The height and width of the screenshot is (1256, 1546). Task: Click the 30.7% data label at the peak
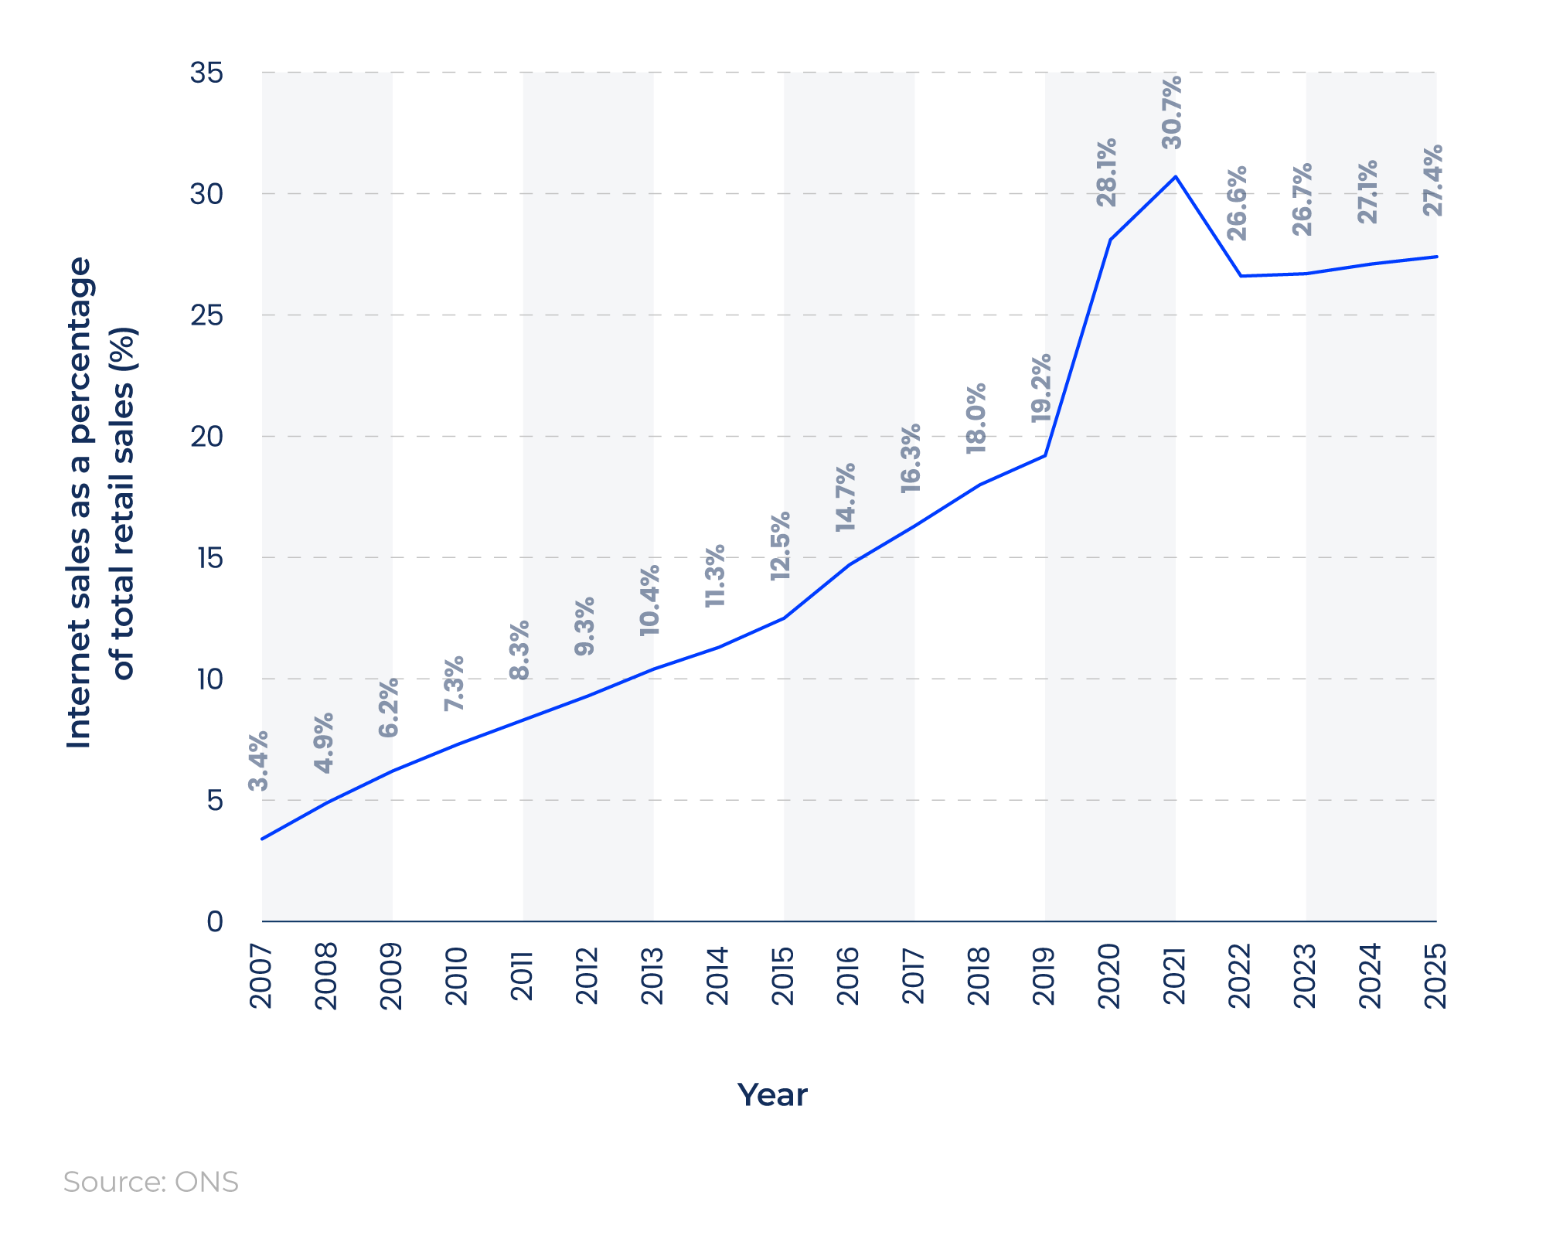pos(1173,112)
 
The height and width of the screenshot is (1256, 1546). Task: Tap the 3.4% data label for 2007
pos(259,761)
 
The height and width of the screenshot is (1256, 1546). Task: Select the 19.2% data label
pos(1042,388)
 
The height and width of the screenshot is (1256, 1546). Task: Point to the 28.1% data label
pos(1107,172)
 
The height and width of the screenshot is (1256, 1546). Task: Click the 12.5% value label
pos(781,546)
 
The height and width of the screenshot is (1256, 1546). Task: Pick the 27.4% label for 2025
pos(1433,180)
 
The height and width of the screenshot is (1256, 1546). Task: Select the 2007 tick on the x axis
pos(261,976)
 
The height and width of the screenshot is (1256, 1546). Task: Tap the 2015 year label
pos(783,975)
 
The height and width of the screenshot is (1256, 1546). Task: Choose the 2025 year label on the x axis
pos(1435,975)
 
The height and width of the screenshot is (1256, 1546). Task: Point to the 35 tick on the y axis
pos(206,73)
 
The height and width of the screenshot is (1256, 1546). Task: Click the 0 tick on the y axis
pos(214,921)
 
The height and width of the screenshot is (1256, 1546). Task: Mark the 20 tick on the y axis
pos(206,437)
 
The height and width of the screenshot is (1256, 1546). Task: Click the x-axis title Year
pos(772,1095)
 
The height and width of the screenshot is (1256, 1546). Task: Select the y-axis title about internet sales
pos(100,502)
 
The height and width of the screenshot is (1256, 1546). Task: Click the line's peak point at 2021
pos(1176,176)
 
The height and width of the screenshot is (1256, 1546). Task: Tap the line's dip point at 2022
pos(1241,276)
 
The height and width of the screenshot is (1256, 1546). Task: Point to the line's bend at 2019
pos(1045,455)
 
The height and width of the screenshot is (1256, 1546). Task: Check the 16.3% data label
pos(911,458)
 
